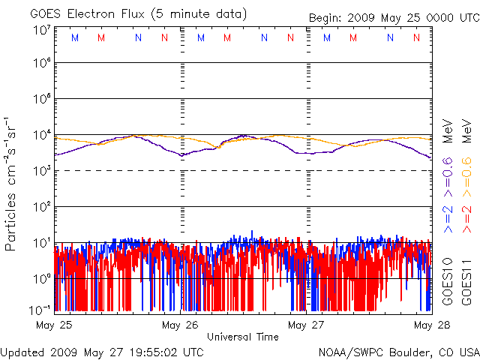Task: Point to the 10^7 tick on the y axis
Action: (42, 30)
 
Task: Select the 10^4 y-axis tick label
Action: (42, 135)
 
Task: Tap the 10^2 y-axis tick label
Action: (42, 206)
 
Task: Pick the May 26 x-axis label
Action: (180, 325)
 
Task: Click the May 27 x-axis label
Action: (307, 325)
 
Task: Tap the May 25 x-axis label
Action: (53, 325)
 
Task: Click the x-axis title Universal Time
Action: (242, 337)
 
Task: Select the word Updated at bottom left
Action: (23, 352)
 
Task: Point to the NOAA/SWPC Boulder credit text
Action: (398, 352)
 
